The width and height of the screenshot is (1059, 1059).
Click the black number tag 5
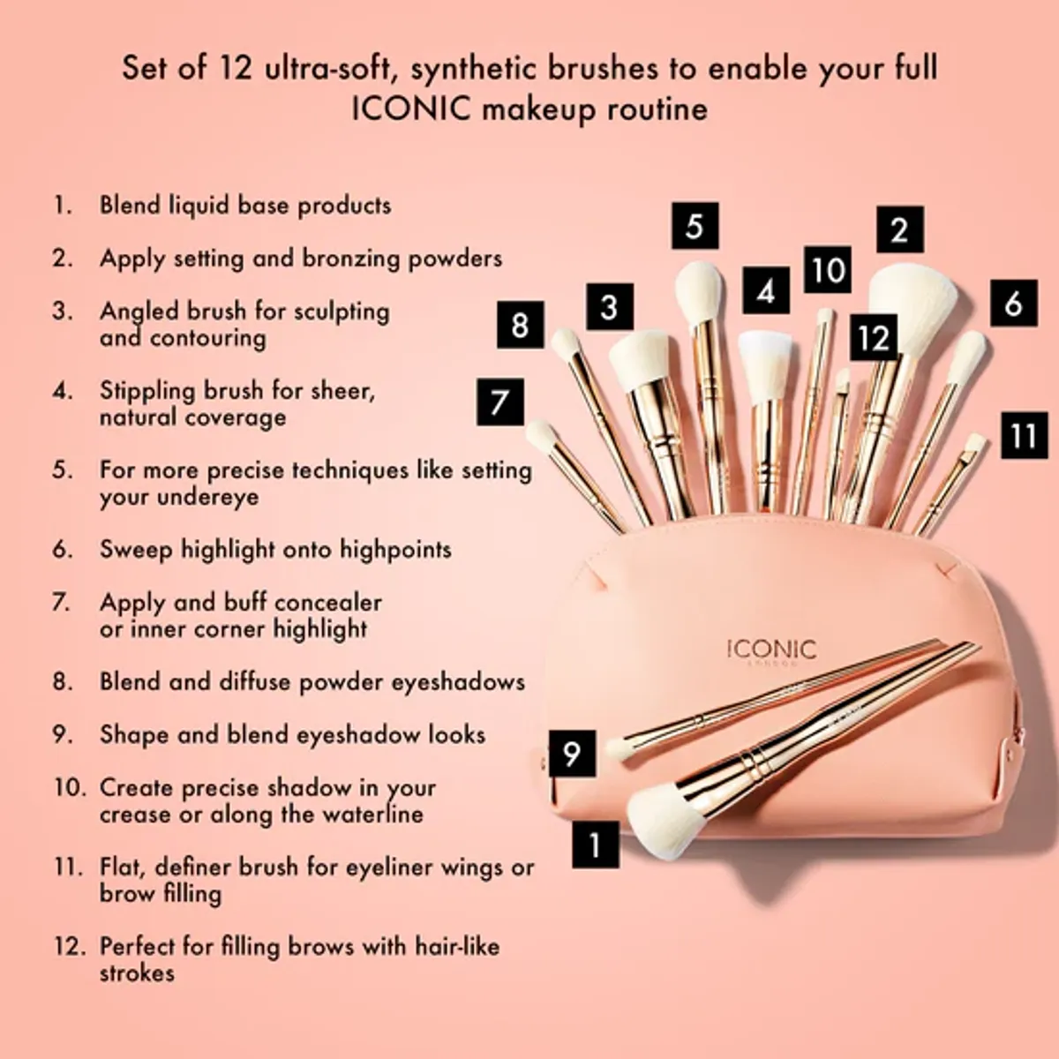pyautogui.click(x=695, y=226)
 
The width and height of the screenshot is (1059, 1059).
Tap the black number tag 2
pyautogui.click(x=899, y=229)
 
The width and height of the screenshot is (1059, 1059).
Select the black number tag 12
pyautogui.click(x=874, y=337)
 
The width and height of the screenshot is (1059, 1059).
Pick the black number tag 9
pyautogui.click(x=571, y=754)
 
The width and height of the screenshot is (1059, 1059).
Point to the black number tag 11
pyautogui.click(x=1024, y=435)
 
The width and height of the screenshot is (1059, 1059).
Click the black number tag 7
pyautogui.click(x=500, y=402)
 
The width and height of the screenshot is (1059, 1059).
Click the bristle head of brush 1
pyautogui.click(x=665, y=822)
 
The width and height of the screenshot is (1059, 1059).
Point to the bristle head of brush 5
pyautogui.click(x=699, y=291)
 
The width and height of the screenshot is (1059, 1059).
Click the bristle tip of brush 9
pyautogui.click(x=620, y=748)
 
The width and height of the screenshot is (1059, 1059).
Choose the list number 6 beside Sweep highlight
pyautogui.click(x=62, y=550)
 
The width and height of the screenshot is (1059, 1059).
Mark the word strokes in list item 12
pyautogui.click(x=137, y=973)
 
